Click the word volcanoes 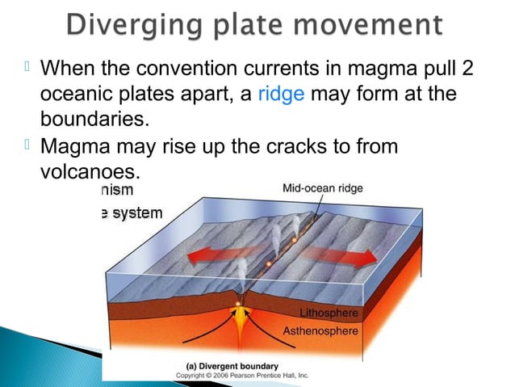click(90, 171)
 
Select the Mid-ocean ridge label click(322, 188)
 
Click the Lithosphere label click(329, 313)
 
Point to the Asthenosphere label click(320, 330)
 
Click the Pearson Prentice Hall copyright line click(242, 376)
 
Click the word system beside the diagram click(137, 212)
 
